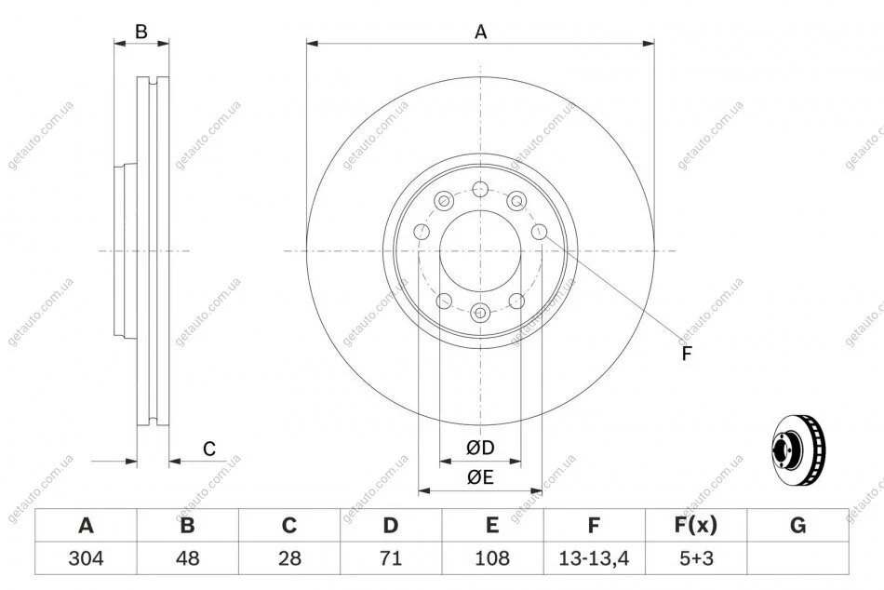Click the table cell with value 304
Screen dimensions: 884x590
pos(86,558)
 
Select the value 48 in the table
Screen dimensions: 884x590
pos(188,558)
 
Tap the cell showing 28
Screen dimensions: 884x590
pos(289,558)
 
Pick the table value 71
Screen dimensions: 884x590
pos(391,558)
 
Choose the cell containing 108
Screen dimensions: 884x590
pos(492,558)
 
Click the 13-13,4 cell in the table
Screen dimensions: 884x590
pos(594,558)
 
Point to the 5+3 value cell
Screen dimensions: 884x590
pos(696,558)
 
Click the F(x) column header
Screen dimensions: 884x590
pos(696,526)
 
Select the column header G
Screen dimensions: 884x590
pos(797,526)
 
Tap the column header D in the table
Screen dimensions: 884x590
pos(391,526)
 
